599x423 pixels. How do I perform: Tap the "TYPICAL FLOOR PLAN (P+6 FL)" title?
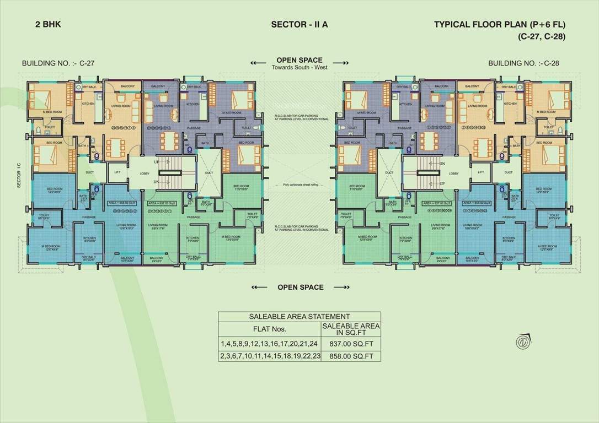point(500,25)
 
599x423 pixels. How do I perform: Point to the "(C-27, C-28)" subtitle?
point(542,37)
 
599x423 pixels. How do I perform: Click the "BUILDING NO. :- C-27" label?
point(58,63)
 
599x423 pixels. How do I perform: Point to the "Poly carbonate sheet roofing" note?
point(299,185)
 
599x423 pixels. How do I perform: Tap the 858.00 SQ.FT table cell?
point(350,356)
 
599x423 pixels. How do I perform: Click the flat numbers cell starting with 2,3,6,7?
point(269,356)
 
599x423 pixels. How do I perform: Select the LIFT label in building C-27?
point(117,172)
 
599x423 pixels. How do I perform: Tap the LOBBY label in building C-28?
point(453,173)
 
